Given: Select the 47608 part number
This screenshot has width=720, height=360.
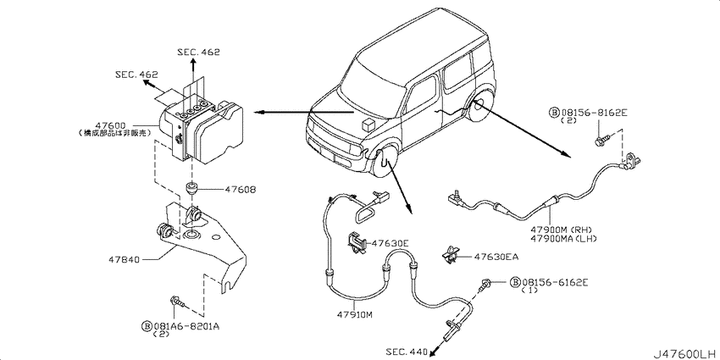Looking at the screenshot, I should point(241,190).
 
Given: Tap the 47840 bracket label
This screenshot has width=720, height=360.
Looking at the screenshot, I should point(124,260).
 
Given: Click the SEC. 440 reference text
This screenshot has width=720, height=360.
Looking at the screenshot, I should point(406,351).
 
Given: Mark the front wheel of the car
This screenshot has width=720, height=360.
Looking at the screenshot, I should point(385,163).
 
